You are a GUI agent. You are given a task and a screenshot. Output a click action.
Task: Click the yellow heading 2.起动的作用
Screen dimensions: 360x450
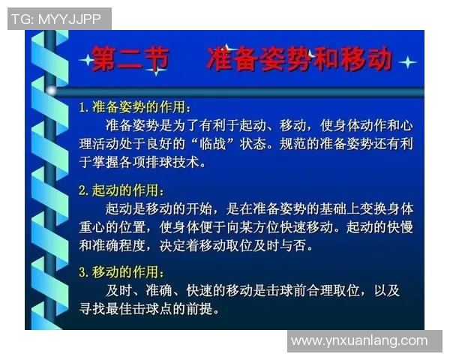click(x=121, y=190)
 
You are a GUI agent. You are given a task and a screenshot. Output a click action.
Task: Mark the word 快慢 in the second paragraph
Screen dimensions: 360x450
click(x=399, y=226)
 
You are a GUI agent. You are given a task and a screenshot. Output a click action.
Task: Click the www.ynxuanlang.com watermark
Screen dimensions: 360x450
click(x=359, y=341)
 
